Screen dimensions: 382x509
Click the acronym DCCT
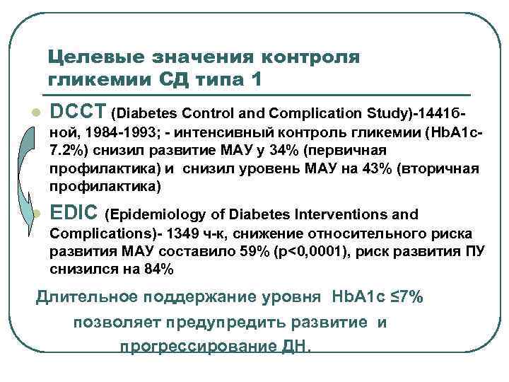(78, 111)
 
